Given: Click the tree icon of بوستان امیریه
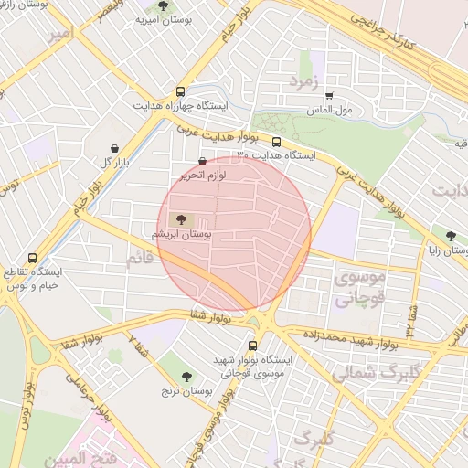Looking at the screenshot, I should [x=164, y=5].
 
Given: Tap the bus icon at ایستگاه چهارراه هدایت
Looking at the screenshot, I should [x=180, y=92].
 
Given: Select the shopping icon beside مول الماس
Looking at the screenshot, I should [x=329, y=95].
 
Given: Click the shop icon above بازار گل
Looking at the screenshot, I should [x=113, y=148].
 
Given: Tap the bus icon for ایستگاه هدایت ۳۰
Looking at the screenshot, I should [x=276, y=142].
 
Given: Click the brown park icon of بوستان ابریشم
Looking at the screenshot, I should [x=179, y=219].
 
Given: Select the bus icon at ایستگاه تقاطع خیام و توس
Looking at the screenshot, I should [x=33, y=259].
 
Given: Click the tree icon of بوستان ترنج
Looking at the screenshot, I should [x=187, y=377].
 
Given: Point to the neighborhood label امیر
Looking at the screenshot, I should [x=60, y=36].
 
